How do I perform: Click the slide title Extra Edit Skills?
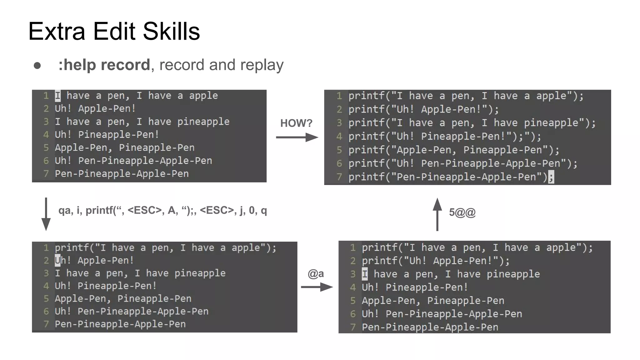point(114,32)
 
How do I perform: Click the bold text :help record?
point(104,65)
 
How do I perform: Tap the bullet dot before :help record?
point(37,66)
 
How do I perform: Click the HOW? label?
point(296,123)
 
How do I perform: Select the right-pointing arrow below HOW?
point(297,137)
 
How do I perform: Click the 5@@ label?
point(462,212)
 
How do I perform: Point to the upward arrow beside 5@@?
point(437,214)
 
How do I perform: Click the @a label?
point(316,274)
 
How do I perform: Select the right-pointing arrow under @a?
point(317,287)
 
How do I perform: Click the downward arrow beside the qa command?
point(46,214)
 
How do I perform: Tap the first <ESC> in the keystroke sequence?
point(145,210)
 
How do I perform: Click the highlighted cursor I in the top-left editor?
point(58,96)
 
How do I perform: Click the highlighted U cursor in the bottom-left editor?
point(58,260)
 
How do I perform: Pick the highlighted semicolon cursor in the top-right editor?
point(551,177)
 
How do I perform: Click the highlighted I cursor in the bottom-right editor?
point(365,274)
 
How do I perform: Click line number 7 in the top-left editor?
point(46,174)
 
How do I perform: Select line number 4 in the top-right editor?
point(339,137)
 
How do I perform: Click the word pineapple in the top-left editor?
point(203,122)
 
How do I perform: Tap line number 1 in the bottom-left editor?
point(46,248)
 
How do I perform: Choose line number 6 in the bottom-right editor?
point(353,314)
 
